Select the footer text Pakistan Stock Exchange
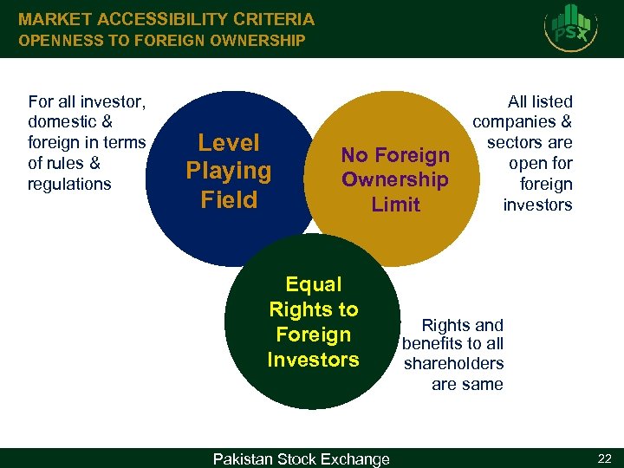[302, 458]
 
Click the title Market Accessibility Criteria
[166, 18]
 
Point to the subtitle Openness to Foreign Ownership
[162, 40]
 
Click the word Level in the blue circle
[229, 143]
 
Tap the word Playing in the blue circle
[229, 171]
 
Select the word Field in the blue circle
[229, 199]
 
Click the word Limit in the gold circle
[395, 205]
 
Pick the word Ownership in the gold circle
[395, 179]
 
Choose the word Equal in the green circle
[314, 284]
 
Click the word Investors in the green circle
[314, 359]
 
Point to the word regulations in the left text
[70, 184]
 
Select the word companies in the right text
[517, 122]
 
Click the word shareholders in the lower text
[454, 364]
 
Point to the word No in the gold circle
[354, 155]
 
